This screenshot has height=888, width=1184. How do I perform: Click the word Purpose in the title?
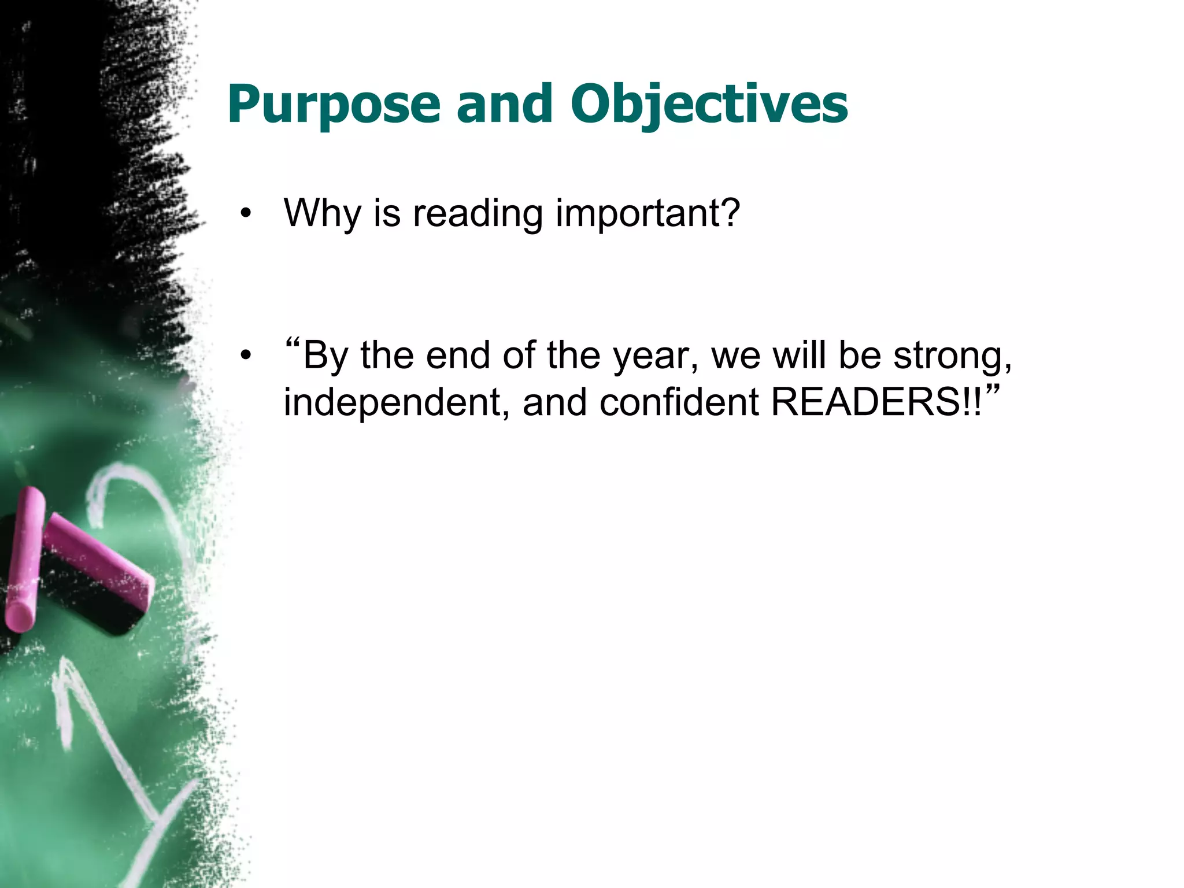point(334,105)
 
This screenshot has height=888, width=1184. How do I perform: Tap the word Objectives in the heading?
point(709,105)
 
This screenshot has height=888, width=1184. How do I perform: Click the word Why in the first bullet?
point(321,213)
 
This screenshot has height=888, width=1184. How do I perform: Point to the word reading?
point(478,213)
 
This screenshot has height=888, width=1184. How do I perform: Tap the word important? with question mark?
point(647,213)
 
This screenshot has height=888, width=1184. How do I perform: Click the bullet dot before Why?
point(247,213)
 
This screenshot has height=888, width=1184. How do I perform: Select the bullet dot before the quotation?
point(247,356)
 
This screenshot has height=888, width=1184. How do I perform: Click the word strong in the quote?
point(952,356)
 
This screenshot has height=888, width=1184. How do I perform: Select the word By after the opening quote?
point(325,356)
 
